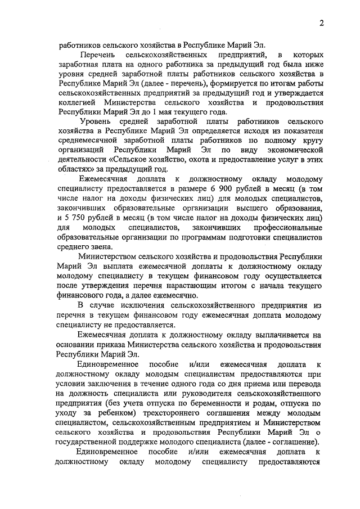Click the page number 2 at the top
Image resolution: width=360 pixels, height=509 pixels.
coord(321,23)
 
